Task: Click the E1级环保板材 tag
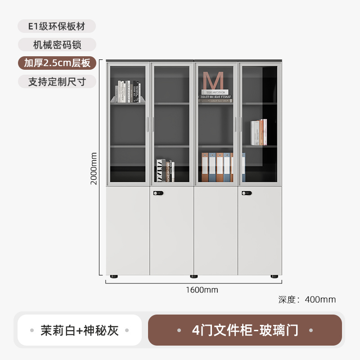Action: coord(57,26)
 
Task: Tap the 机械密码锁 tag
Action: coord(57,45)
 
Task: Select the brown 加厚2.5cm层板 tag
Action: coord(57,63)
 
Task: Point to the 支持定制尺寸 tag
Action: coord(57,81)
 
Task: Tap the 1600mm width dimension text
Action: coord(202,290)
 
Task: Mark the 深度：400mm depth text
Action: coord(307,300)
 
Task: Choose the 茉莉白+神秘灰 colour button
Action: coord(79,330)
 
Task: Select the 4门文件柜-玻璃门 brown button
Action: coord(245,330)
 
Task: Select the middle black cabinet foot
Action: coord(193,276)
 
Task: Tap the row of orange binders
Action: coord(220,167)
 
